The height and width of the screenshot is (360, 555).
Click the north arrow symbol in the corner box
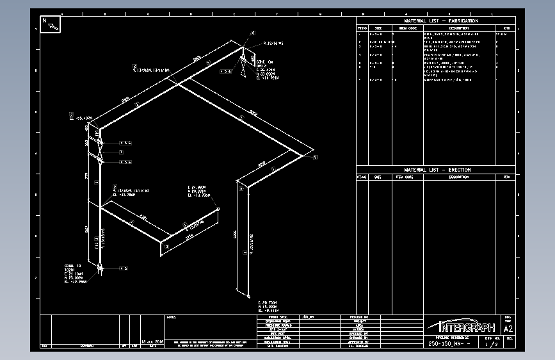51,24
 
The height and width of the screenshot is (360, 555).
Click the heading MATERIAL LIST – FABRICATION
441,20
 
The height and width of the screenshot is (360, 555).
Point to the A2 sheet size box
509,329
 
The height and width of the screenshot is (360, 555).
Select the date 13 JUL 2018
153,341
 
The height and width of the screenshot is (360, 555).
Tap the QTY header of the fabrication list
506,28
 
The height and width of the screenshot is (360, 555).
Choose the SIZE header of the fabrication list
378,28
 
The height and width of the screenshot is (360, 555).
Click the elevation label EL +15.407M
81,118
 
